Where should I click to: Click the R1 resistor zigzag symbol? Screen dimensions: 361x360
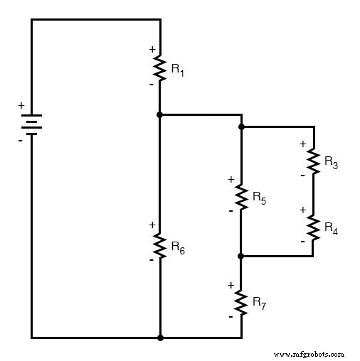coord(160,68)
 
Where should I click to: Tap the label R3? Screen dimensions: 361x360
coord(331,163)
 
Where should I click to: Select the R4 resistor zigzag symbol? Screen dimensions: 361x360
coord(313,227)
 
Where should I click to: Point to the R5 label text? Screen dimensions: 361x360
coord(259,200)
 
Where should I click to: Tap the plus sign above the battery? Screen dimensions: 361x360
coord(21,106)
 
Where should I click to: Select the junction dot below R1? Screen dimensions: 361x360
coord(160,114)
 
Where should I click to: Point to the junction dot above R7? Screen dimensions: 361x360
coord(241,256)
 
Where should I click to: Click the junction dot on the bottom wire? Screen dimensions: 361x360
coord(160,338)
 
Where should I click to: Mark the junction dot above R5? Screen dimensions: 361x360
coord(241,127)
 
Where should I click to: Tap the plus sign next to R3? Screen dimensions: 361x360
coord(302,144)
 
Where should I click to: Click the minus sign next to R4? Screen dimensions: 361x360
coord(302,242)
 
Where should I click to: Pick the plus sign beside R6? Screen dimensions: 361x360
coord(152,225)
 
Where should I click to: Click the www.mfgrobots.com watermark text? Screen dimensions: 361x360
coord(308,353)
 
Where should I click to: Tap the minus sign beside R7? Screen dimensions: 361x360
coord(231,316)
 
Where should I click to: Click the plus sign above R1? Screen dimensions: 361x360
coord(152,49)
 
